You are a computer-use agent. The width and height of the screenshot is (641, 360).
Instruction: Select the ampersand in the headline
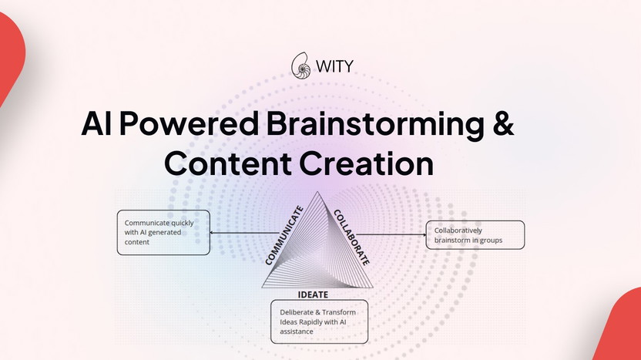coord(502,124)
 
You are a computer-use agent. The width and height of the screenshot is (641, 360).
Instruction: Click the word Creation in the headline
coord(367,163)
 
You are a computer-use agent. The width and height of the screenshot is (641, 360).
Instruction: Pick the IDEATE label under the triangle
coord(314,294)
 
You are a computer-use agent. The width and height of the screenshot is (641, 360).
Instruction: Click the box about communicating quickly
coord(163,232)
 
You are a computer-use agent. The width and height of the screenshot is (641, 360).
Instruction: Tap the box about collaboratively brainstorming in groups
coord(475,234)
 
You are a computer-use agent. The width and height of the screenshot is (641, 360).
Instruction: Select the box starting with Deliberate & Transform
coord(319,322)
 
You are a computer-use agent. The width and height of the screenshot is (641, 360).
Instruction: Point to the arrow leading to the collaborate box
coord(393,234)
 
